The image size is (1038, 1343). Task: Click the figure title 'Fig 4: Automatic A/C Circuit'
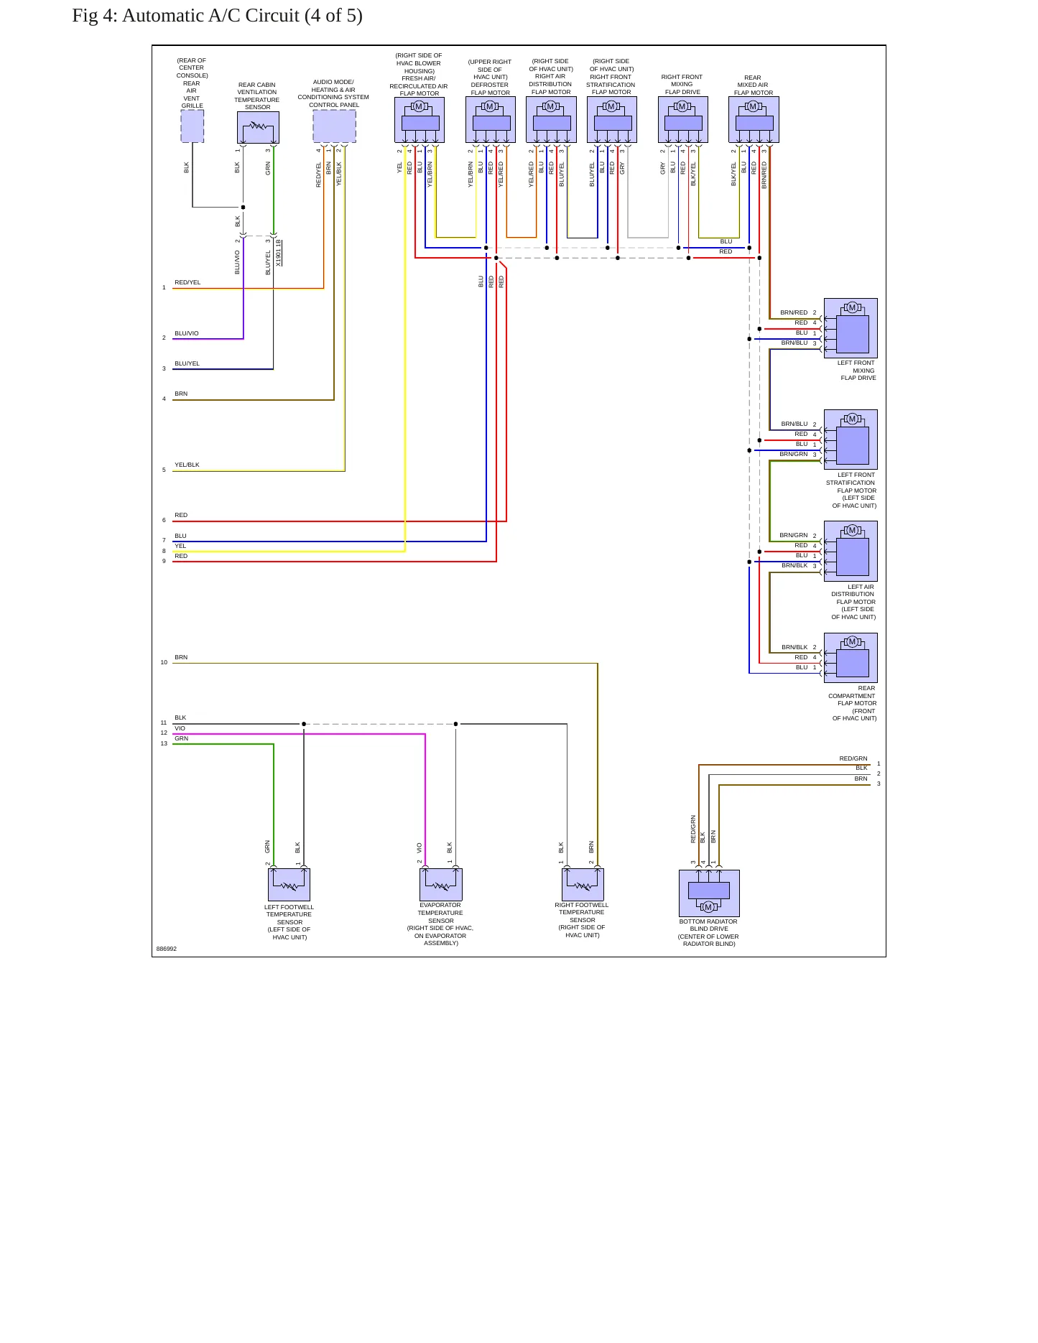click(x=185, y=16)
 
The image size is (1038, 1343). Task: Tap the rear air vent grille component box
click(x=192, y=126)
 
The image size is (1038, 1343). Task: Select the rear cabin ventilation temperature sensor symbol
click(x=258, y=128)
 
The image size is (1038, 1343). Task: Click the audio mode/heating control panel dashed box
click(x=334, y=126)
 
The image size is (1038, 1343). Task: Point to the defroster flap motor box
click(x=491, y=120)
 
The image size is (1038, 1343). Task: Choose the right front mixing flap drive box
click(x=683, y=120)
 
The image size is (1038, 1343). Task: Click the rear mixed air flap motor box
click(x=754, y=120)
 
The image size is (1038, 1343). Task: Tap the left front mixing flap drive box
click(x=851, y=328)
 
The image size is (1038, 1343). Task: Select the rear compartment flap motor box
click(x=851, y=658)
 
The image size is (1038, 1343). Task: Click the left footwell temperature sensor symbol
click(x=289, y=885)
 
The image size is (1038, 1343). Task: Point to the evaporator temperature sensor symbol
click(x=441, y=885)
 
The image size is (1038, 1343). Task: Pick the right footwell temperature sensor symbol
click(x=583, y=885)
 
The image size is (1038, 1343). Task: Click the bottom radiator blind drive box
click(x=709, y=893)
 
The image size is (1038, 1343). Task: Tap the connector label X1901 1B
click(x=279, y=253)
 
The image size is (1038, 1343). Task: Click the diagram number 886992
click(x=167, y=949)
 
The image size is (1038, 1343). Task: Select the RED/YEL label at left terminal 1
click(x=187, y=282)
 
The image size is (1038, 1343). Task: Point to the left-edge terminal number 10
click(x=164, y=662)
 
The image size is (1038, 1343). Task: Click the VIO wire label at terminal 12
click(x=180, y=728)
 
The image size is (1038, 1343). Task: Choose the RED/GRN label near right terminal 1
click(x=853, y=758)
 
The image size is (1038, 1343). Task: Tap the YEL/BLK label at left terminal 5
click(x=187, y=465)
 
